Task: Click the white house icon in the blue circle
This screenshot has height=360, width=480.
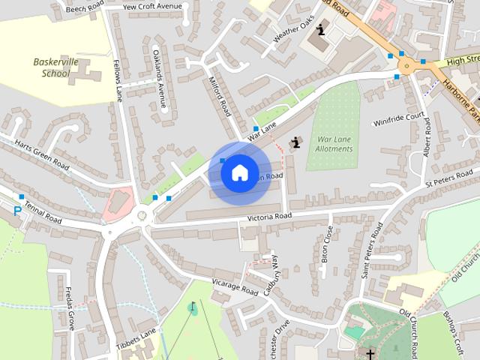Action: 239,172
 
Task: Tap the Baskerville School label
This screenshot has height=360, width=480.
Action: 52,67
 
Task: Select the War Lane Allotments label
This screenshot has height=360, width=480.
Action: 334,144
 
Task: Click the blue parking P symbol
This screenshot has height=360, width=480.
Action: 17,211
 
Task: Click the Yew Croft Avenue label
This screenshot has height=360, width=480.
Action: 152,6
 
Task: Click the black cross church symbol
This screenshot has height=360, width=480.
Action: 370,352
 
